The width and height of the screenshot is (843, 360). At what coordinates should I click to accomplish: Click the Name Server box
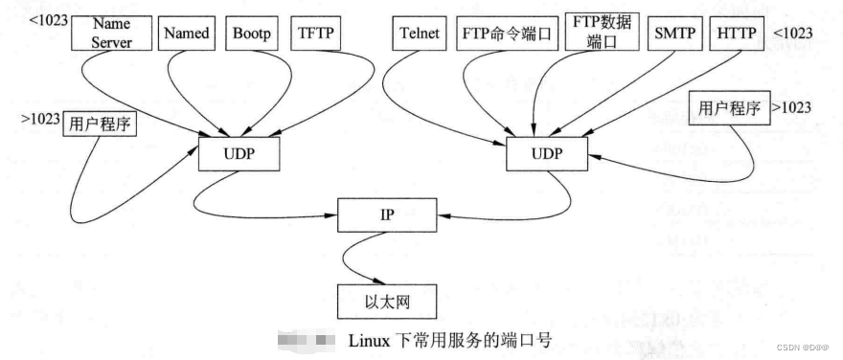(112, 32)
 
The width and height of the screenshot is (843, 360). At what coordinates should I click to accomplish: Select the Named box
(187, 33)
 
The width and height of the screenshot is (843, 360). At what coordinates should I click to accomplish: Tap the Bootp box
(251, 33)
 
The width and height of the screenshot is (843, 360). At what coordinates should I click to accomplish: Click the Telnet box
(419, 34)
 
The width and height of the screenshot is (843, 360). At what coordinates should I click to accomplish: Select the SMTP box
(675, 34)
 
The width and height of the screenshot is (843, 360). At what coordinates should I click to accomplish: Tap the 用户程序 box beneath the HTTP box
(729, 107)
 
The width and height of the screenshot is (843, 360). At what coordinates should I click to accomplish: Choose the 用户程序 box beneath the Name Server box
(100, 124)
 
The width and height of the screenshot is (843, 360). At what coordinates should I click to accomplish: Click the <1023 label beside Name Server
(49, 17)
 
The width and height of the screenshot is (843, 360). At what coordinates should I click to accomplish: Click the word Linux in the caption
(367, 340)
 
